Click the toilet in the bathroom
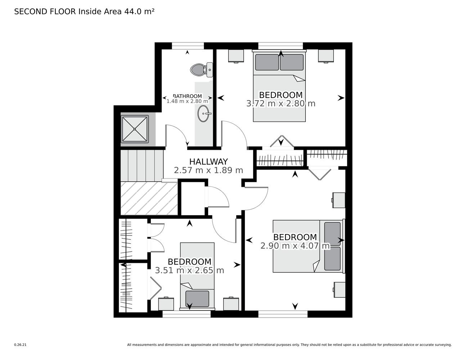(x=201, y=69)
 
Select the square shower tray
(x=134, y=129)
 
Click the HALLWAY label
(x=209, y=161)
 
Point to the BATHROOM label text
(x=187, y=96)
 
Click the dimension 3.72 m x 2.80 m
(x=281, y=104)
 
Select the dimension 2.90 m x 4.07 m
(x=295, y=246)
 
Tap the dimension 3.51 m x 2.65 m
(x=189, y=270)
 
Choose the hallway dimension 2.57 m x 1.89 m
(x=209, y=170)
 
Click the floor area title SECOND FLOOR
(x=45, y=12)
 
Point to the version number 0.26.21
(x=21, y=345)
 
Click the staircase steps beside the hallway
(x=142, y=166)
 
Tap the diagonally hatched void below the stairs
(x=149, y=198)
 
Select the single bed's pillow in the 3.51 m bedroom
(x=197, y=298)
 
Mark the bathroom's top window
(x=188, y=46)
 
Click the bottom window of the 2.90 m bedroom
(x=283, y=314)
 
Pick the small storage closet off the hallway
(x=193, y=198)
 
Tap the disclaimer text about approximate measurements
(x=289, y=345)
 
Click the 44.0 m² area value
(x=139, y=12)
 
